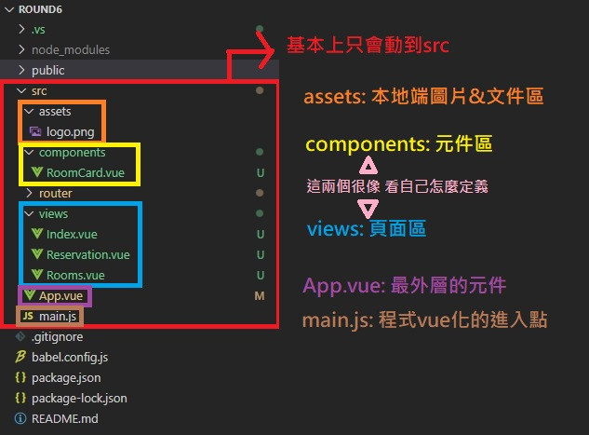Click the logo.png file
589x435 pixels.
coord(71,132)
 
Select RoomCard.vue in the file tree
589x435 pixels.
coord(85,172)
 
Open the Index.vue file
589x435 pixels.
coord(72,234)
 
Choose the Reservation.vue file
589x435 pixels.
coord(87,254)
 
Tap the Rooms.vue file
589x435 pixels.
coord(75,275)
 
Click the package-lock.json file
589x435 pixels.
coord(79,398)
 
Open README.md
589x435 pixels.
coord(64,418)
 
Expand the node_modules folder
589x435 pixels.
coord(70,49)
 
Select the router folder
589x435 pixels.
coord(55,193)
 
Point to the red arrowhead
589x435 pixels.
coord(271,49)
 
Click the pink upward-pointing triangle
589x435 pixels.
coord(368,167)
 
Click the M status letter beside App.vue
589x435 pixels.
coord(259,295)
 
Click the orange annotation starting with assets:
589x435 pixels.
coord(423,97)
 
